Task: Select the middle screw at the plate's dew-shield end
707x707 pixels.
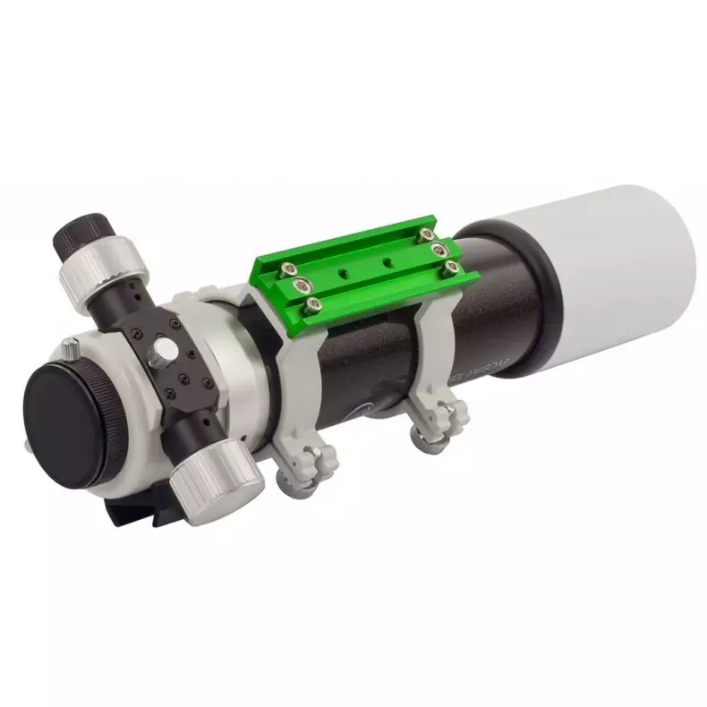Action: [x=437, y=247]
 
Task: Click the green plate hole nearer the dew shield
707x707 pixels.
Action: [x=386, y=260]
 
